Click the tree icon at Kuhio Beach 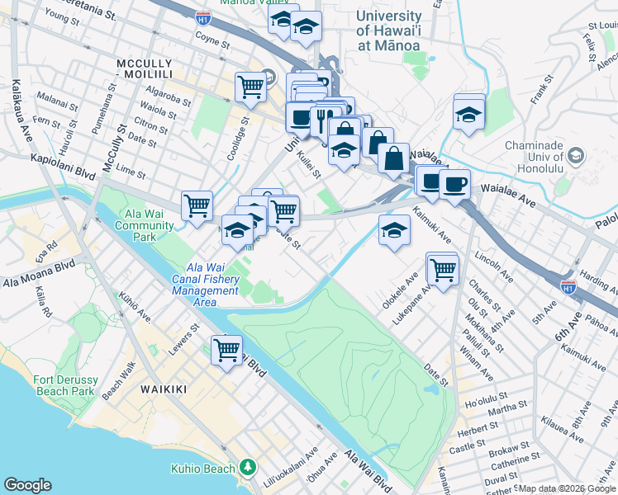tap(247, 468)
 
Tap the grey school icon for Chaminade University tap(576, 155)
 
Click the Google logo tap(27, 485)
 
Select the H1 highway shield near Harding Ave tap(568, 286)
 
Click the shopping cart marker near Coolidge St tap(250, 86)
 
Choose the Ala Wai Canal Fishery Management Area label tap(212, 279)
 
